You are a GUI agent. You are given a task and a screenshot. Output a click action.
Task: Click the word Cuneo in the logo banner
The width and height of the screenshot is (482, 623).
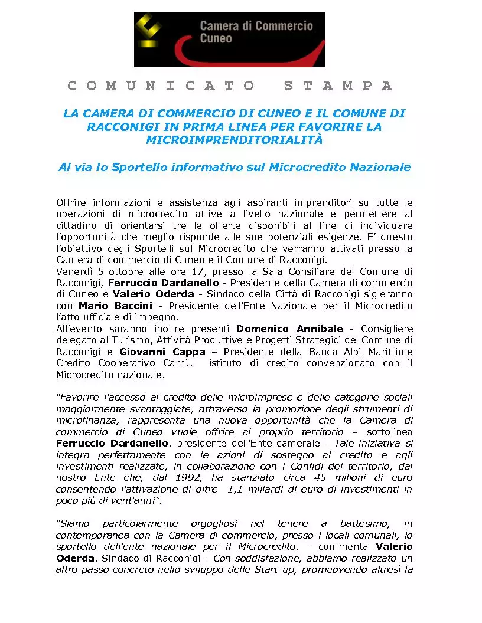click(216, 38)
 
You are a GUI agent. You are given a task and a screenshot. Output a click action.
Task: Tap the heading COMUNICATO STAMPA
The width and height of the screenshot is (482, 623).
click(230, 86)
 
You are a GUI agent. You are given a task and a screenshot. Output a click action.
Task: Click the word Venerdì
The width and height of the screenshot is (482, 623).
click(74, 271)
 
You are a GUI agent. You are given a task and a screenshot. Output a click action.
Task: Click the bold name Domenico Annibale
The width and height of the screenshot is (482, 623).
click(289, 329)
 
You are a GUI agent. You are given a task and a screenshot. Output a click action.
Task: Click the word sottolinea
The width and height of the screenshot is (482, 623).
click(390, 432)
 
